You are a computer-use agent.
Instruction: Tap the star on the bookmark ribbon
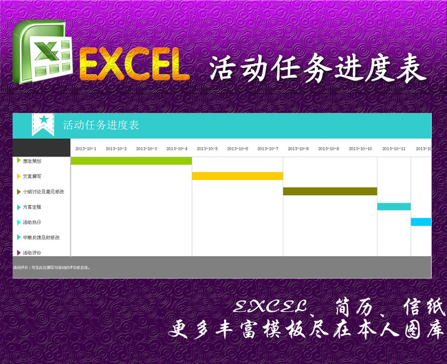43,120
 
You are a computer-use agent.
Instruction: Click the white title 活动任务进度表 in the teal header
100,125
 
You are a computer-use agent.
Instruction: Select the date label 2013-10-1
86,148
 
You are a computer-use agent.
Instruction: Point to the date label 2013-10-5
207,148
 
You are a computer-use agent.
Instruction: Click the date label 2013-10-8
298,148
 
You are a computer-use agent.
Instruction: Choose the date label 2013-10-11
394,148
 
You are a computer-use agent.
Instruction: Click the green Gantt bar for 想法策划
131,161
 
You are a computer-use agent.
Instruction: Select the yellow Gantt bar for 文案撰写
237,176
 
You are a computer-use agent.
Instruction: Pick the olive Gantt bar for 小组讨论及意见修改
329,191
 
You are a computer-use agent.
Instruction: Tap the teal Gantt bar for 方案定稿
393,206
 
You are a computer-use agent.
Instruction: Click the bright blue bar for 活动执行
421,221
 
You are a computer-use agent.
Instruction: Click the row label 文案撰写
32,177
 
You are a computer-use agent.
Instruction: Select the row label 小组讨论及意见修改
43,192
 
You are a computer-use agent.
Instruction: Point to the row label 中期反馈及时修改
41,237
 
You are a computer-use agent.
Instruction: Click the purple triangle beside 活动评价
19,253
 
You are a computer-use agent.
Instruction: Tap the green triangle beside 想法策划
19,161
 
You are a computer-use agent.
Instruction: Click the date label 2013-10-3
146,148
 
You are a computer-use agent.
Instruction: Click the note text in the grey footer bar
52,267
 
